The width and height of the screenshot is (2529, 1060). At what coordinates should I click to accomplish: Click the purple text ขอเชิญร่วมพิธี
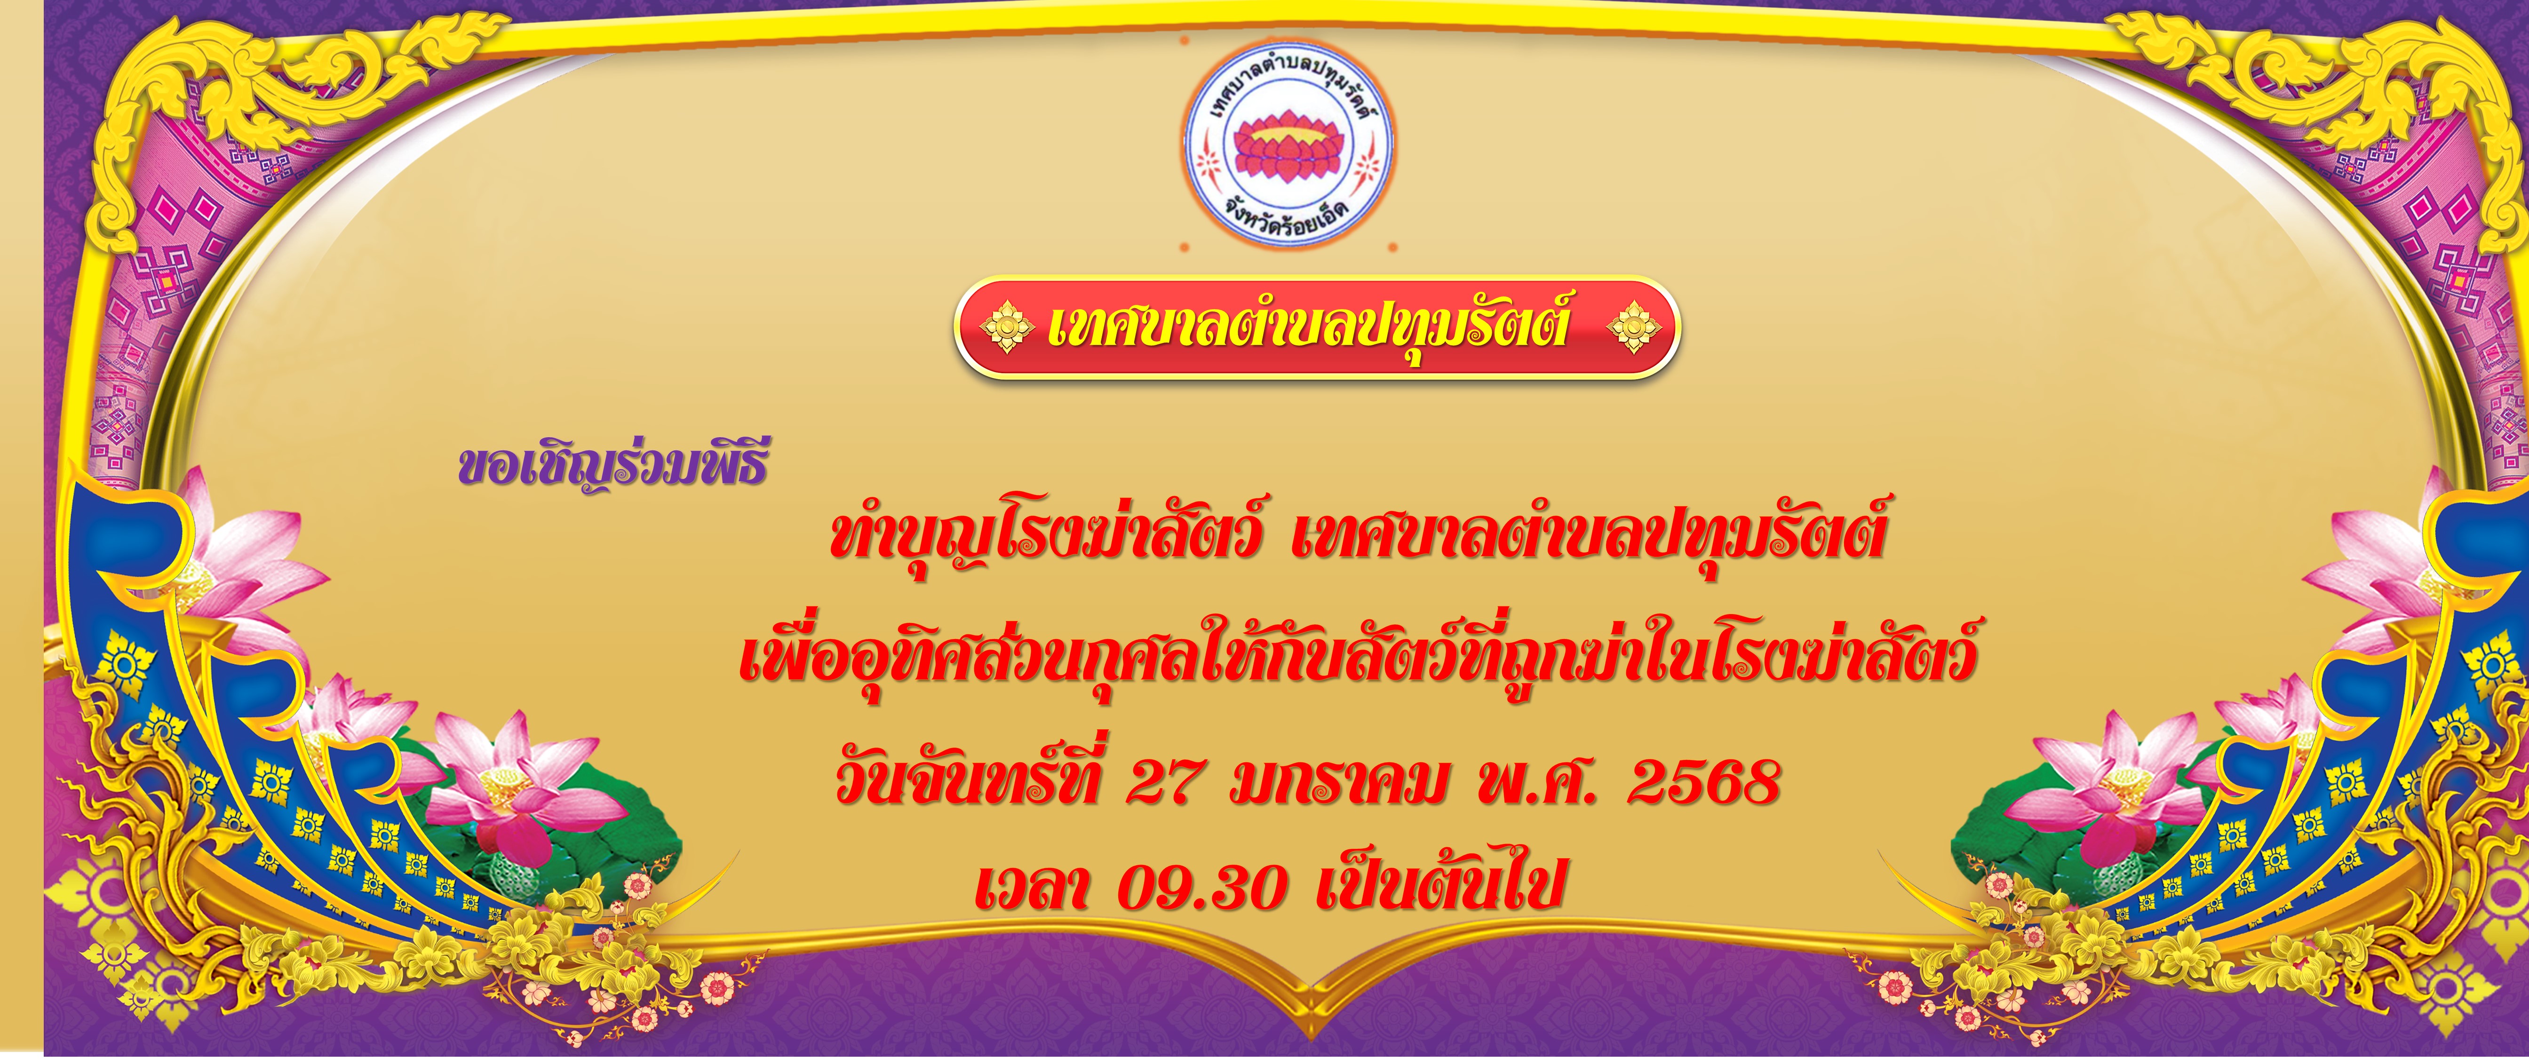pos(612,469)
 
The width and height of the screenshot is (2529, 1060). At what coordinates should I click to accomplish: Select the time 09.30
pos(1203,886)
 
